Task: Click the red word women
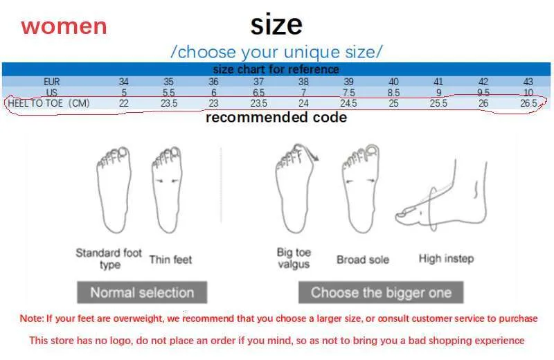point(64,27)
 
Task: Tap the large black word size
point(276,24)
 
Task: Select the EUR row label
point(51,82)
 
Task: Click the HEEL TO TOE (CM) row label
point(48,103)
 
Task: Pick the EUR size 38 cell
point(303,82)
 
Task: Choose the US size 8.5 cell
point(393,93)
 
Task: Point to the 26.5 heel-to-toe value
point(528,103)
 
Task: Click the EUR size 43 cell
point(528,82)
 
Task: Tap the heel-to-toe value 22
point(124,103)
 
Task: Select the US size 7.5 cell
point(349,93)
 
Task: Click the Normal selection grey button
point(142,292)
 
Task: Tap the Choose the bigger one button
point(381,292)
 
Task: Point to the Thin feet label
point(170,260)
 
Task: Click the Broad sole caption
point(363,260)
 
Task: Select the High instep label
point(446,259)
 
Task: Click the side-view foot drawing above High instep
point(442,195)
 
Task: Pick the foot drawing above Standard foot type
point(114,190)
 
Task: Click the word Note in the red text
point(31,318)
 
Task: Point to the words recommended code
point(276,117)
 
